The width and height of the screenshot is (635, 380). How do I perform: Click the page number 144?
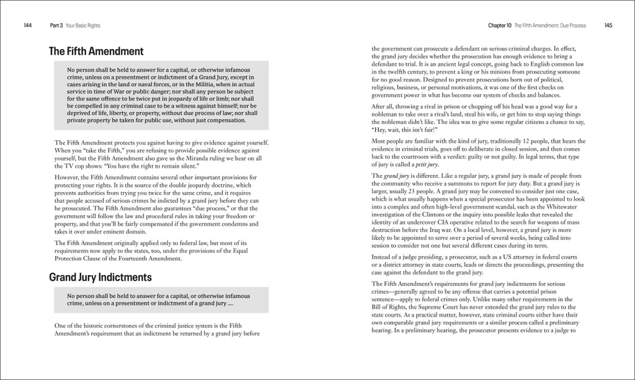click(x=28, y=25)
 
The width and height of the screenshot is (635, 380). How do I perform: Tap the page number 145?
click(x=608, y=25)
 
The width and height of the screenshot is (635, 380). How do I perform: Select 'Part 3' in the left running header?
click(x=58, y=25)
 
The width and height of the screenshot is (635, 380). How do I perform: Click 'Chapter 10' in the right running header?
click(x=500, y=25)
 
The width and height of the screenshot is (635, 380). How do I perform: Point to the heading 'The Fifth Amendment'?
click(x=96, y=51)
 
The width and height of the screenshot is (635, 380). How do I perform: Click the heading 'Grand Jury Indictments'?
click(x=100, y=277)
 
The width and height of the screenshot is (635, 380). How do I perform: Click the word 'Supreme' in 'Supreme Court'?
click(x=423, y=307)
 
